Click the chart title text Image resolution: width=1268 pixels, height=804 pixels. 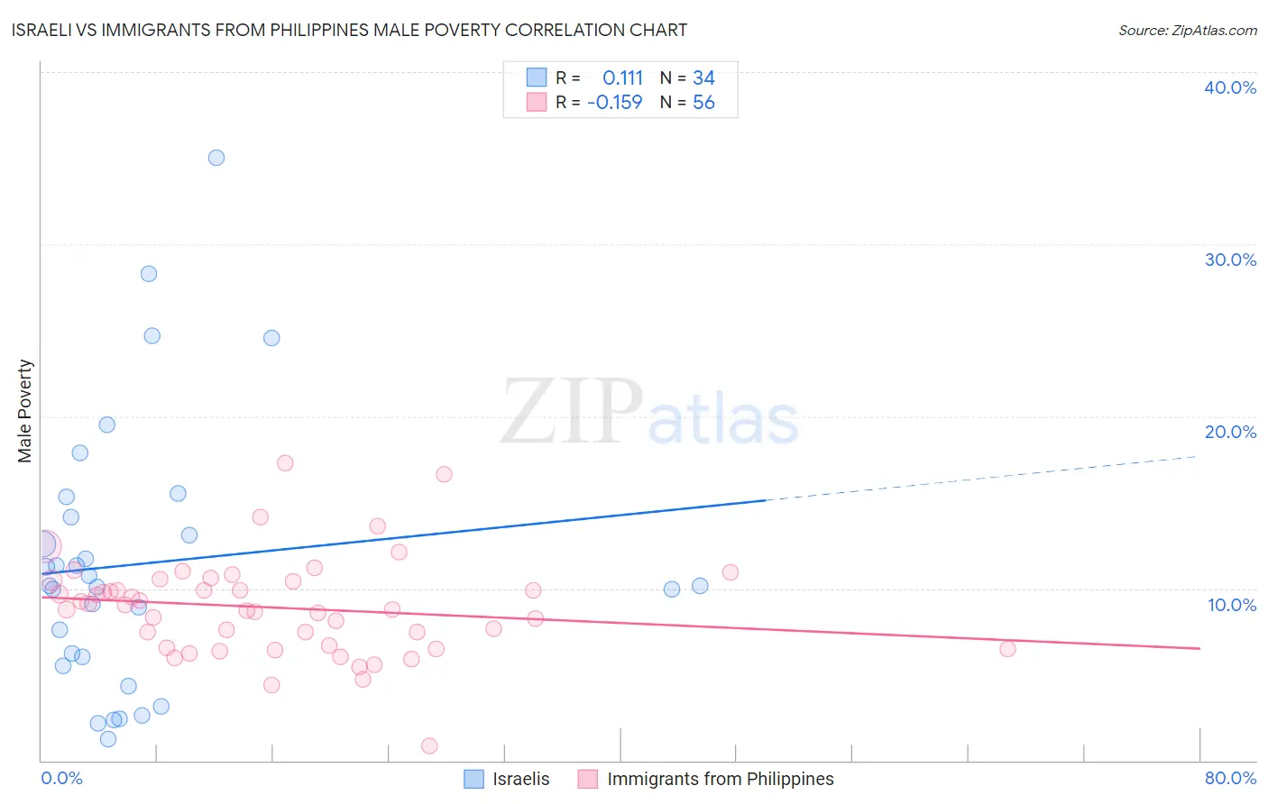[x=349, y=30]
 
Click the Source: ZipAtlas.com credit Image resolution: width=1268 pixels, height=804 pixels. [x=1187, y=30]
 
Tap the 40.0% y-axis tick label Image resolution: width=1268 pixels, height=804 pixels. [x=1229, y=87]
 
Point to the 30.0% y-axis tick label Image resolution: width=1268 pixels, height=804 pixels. [x=1229, y=260]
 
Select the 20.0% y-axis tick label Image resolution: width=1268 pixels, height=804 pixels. [x=1229, y=432]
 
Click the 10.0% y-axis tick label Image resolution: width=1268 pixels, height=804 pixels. [x=1231, y=605]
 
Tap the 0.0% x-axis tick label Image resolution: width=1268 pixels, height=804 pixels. [x=61, y=778]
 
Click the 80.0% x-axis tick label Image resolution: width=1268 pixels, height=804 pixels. [x=1229, y=778]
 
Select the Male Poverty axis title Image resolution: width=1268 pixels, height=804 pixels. [x=25, y=411]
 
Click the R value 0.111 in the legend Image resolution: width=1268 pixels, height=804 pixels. [x=622, y=78]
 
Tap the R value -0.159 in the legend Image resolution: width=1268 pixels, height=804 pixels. [x=614, y=102]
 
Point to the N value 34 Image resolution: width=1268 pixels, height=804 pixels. [x=703, y=78]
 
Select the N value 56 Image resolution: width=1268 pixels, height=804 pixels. [x=703, y=102]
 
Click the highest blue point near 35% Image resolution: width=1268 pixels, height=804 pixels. [x=216, y=158]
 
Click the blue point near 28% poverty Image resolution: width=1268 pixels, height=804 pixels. [x=149, y=274]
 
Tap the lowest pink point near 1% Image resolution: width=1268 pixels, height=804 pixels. [x=429, y=745]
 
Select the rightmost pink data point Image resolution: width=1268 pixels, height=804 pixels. [x=1007, y=649]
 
